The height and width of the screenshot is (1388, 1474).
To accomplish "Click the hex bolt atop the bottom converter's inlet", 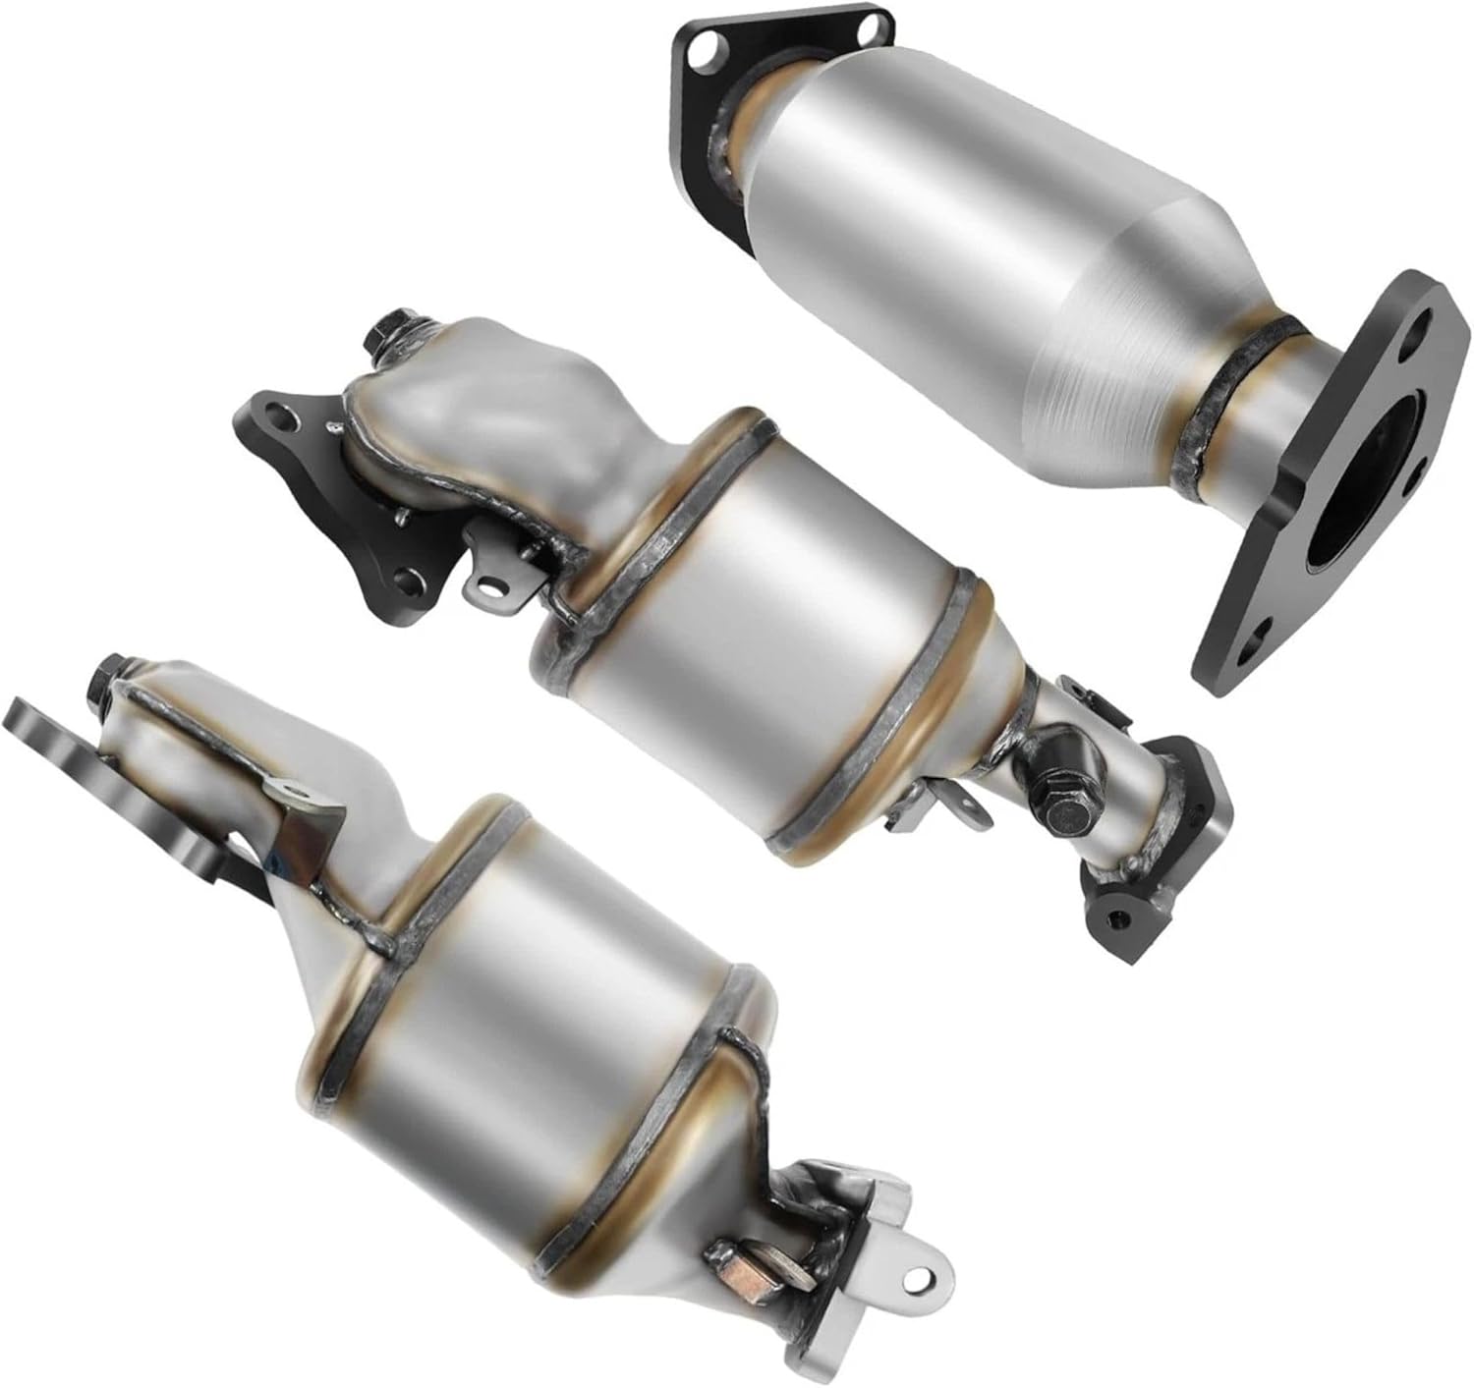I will [106, 679].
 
